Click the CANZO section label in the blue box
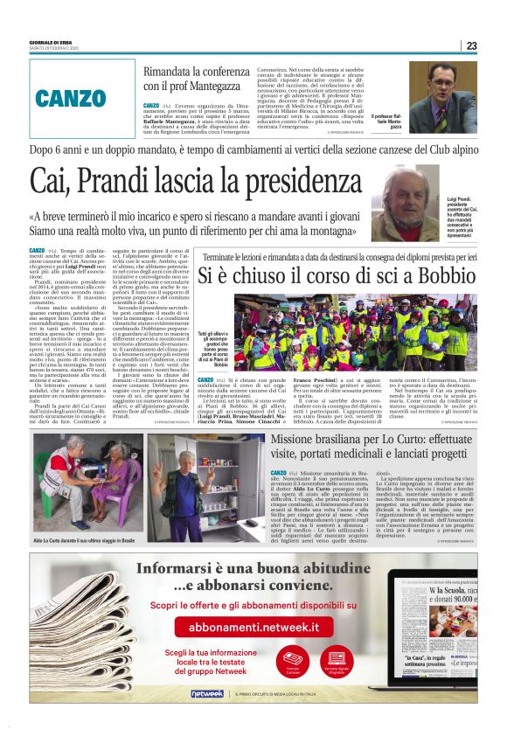[73, 97]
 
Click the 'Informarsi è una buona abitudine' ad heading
[254, 569]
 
